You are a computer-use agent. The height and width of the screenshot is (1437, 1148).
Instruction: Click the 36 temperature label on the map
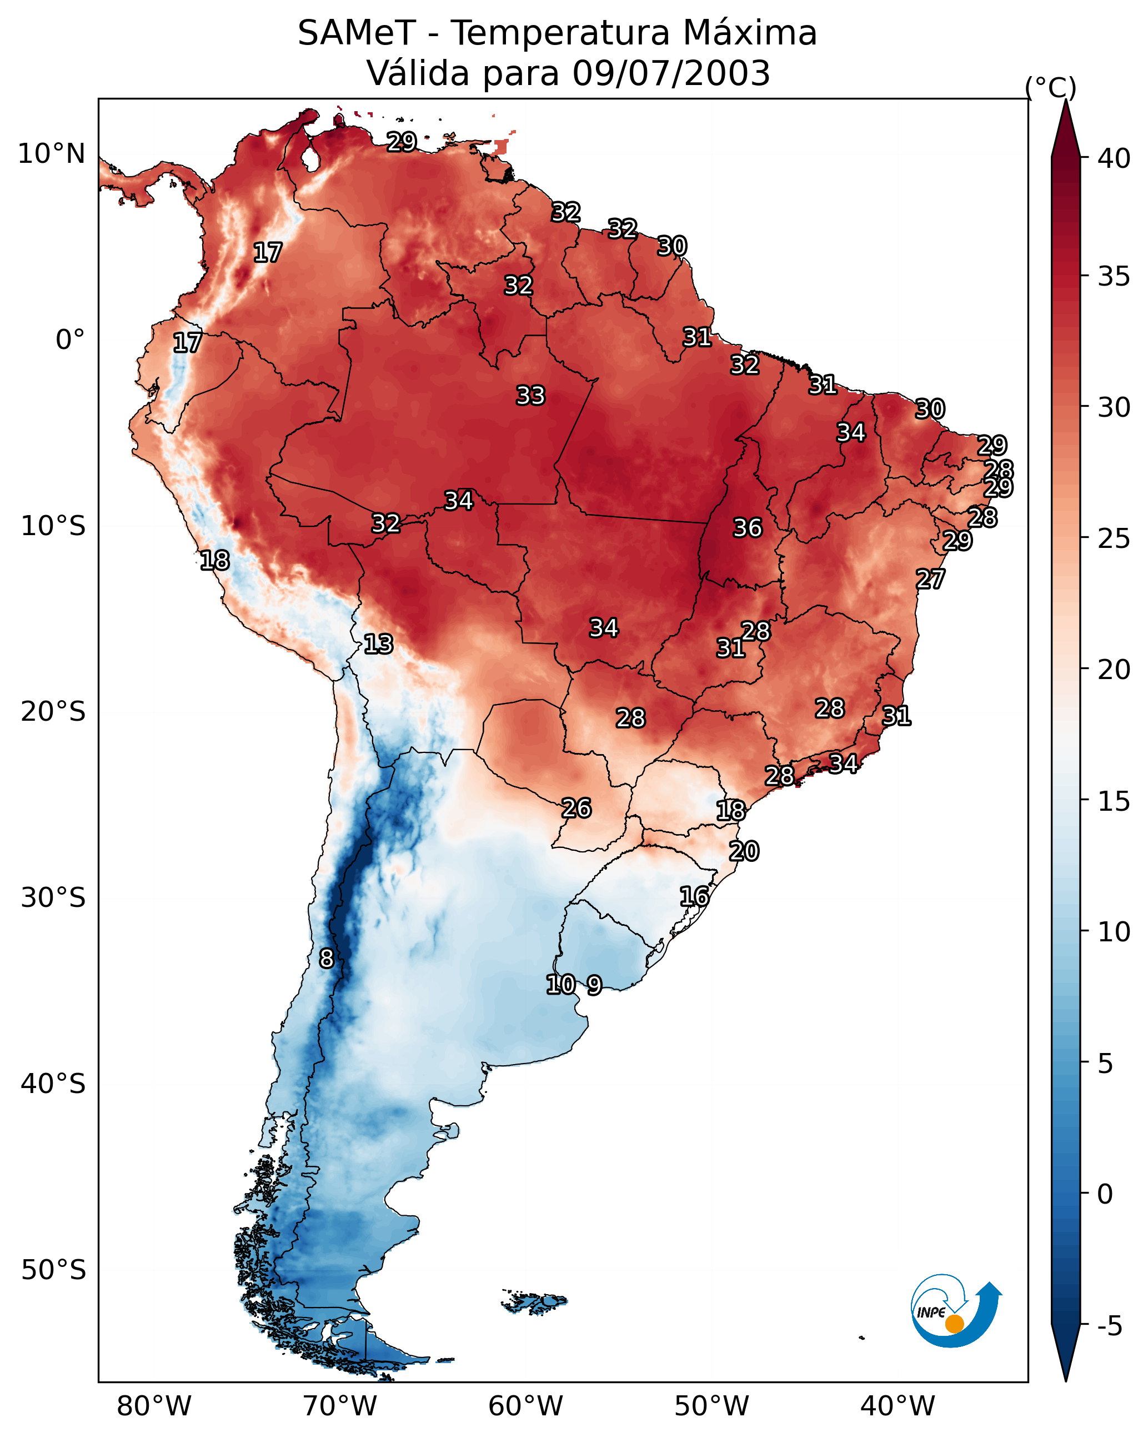(x=747, y=528)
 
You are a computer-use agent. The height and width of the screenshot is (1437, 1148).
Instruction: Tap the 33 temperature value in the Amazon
(x=530, y=395)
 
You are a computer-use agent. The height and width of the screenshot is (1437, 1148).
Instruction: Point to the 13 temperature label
(x=378, y=644)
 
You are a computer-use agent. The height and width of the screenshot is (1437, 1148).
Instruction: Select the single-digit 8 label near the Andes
(x=326, y=958)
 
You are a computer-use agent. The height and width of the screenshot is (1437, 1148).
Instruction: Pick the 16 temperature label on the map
(x=694, y=896)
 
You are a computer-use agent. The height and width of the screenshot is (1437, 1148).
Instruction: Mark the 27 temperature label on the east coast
(x=930, y=578)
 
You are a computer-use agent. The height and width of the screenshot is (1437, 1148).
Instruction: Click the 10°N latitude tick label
(x=51, y=154)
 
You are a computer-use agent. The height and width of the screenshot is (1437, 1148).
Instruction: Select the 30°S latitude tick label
(x=53, y=898)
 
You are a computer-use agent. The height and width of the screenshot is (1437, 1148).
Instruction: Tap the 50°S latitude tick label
(x=53, y=1270)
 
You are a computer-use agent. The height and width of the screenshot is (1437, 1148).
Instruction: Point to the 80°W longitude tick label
(x=154, y=1406)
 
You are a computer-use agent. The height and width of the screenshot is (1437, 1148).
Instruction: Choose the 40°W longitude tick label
(x=898, y=1406)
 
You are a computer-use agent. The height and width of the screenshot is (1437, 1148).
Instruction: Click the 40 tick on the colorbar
(x=1114, y=158)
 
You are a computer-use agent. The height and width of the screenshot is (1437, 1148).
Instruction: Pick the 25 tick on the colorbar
(x=1114, y=538)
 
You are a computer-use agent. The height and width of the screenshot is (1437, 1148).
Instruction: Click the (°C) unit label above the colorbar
(x=1051, y=87)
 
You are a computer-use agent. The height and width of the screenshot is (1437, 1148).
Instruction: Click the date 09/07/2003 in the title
(x=671, y=73)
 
